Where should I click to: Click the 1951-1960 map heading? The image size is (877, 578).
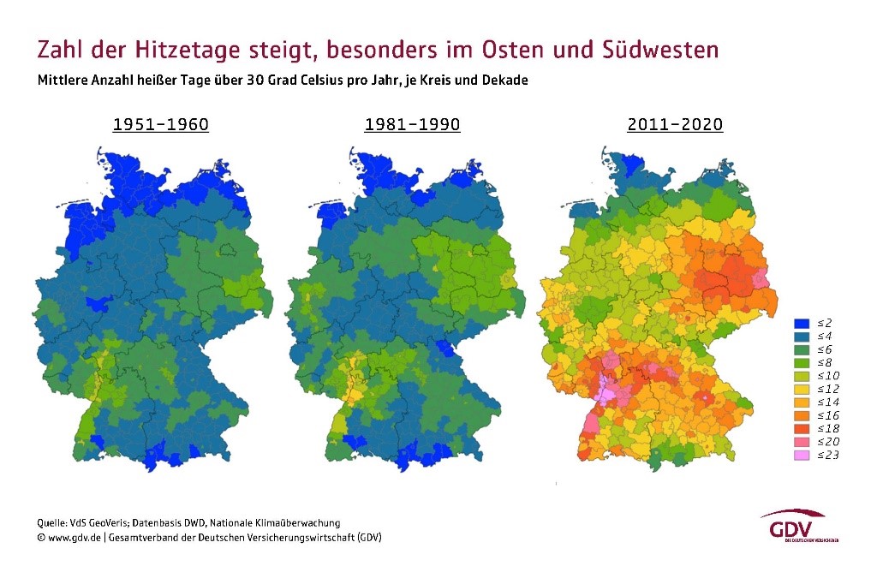coord(161,125)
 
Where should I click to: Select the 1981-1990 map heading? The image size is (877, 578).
coord(412,125)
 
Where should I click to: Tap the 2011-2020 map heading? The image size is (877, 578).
coord(675,125)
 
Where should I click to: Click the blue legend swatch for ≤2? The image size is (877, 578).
coord(801,323)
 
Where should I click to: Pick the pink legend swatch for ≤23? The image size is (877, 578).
coord(801,455)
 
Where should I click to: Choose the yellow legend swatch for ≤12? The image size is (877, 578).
coord(801,389)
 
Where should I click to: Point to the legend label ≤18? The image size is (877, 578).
coord(827,428)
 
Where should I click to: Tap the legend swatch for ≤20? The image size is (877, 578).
coord(801,442)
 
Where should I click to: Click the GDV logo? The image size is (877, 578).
coord(793,527)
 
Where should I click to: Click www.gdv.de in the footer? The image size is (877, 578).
coord(75,538)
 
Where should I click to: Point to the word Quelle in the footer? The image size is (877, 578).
coord(51,522)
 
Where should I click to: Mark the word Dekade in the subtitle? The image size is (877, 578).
coord(505,81)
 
